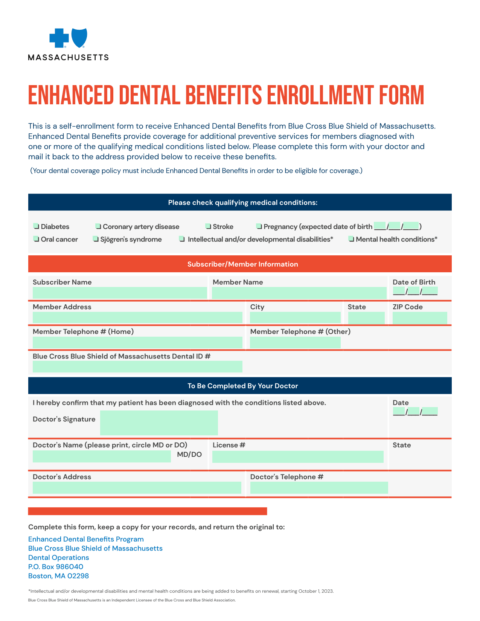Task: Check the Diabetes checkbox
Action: (x=36, y=226)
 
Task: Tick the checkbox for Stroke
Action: (x=208, y=226)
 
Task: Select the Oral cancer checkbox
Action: (x=36, y=239)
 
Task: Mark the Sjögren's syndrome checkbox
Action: (x=96, y=239)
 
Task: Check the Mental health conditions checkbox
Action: (x=351, y=239)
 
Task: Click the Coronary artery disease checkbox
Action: (x=98, y=226)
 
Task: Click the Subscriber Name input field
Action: (x=120, y=293)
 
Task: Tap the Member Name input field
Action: (x=299, y=293)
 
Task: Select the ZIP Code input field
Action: (x=420, y=318)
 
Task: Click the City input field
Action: (x=295, y=318)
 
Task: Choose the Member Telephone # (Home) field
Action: (x=137, y=343)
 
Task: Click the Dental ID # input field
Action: (x=137, y=367)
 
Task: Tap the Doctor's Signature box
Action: (x=159, y=423)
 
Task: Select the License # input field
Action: (x=298, y=457)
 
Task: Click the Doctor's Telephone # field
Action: (x=319, y=488)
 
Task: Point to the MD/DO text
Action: (x=189, y=455)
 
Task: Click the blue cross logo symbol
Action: (x=59, y=38)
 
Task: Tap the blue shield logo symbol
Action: (x=79, y=38)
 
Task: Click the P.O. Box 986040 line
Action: (x=56, y=567)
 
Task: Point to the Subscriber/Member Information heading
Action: (x=242, y=264)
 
